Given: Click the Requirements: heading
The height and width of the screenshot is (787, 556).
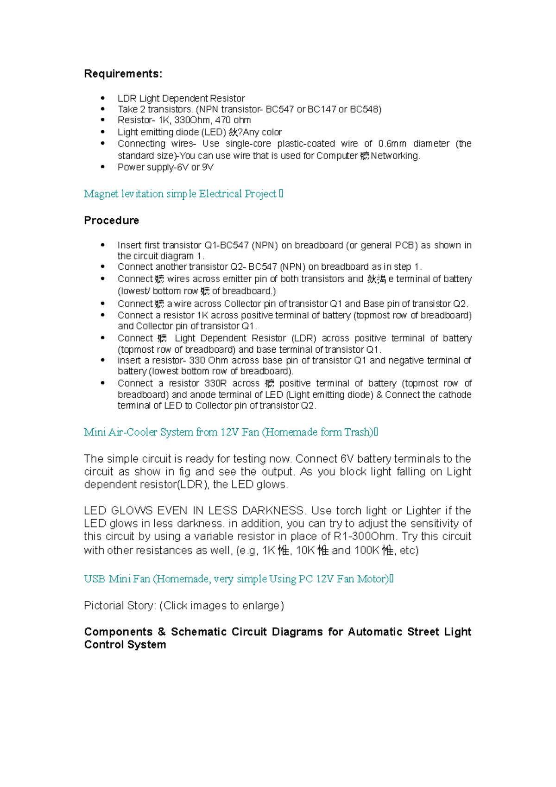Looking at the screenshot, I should tap(123, 74).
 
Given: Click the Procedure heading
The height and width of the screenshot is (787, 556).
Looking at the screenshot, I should tap(111, 221).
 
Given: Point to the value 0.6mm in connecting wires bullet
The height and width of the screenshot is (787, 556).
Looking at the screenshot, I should tap(392, 144).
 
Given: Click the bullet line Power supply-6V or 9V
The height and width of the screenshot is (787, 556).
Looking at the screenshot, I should tap(165, 167).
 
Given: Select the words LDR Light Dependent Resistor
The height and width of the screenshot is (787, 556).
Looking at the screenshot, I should tap(181, 98).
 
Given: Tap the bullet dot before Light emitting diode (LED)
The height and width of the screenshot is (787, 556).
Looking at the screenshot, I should tap(103, 132).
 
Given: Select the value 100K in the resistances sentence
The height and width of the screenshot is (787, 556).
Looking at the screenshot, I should tap(366, 551).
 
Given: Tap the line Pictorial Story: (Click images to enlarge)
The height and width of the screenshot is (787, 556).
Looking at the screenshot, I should tap(183, 606).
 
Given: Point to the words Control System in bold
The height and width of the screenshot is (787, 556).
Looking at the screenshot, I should tap(125, 645).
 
